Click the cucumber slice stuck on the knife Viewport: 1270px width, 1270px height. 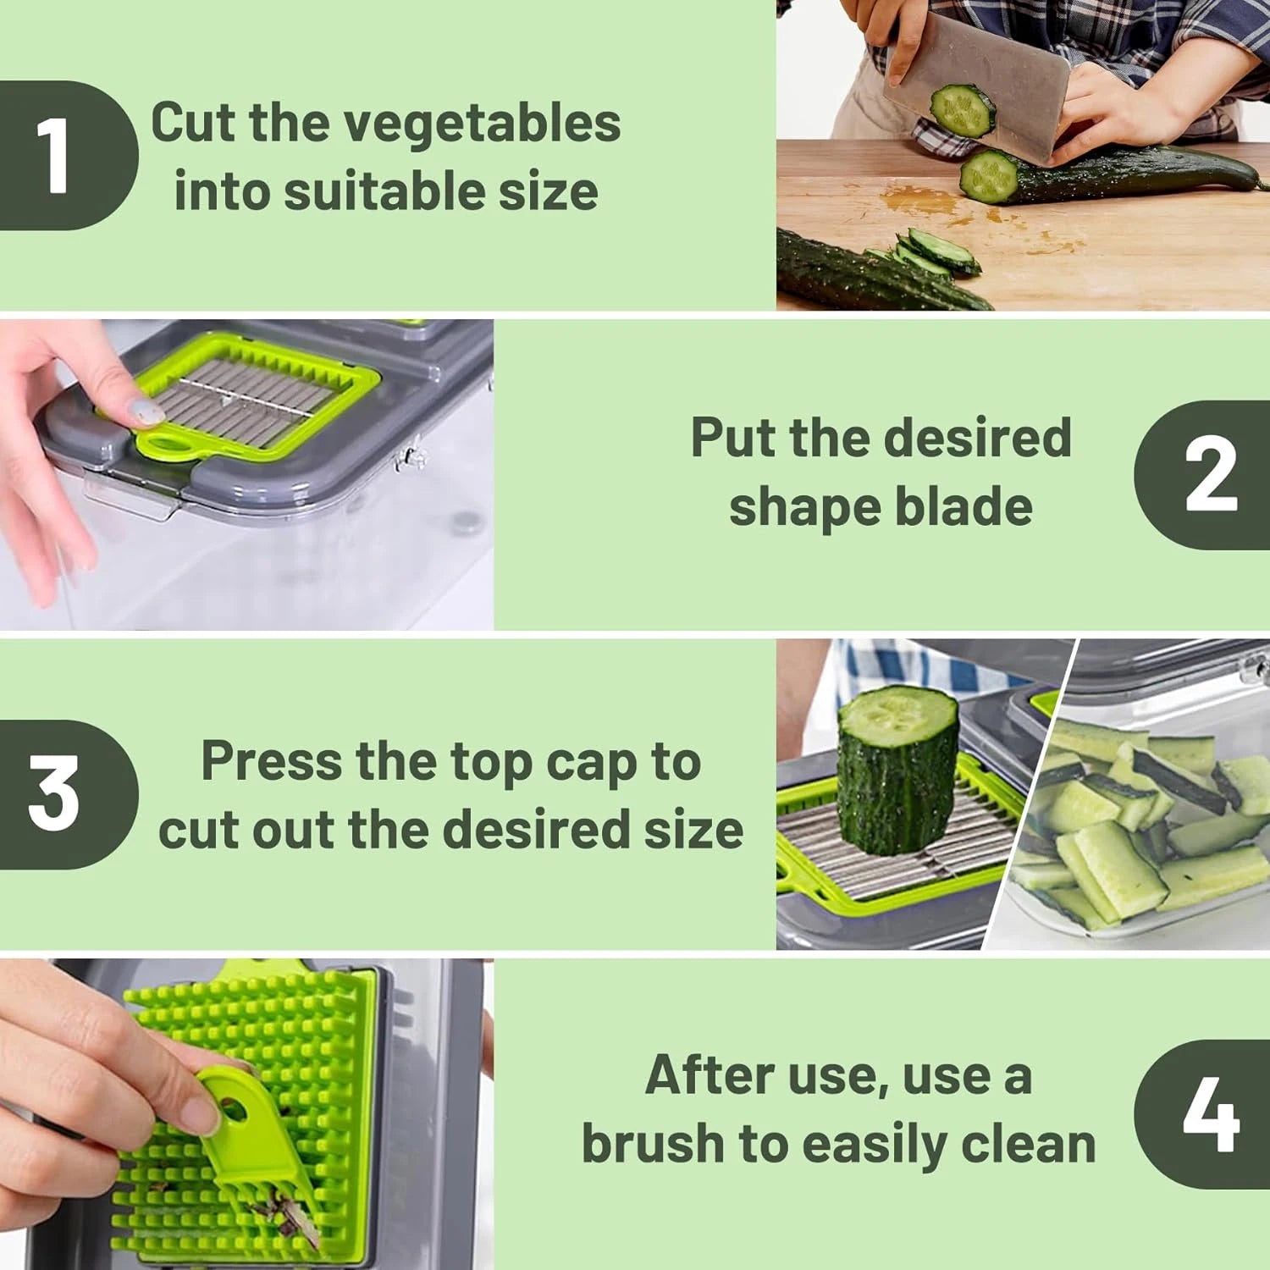[x=963, y=110]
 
